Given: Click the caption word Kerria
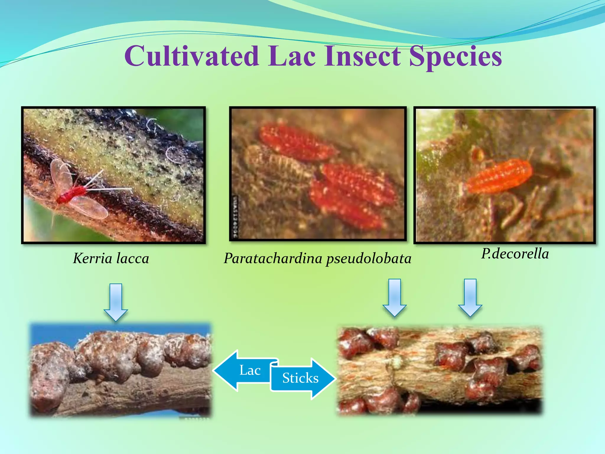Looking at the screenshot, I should coord(92,258).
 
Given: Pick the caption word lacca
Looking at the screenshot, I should coord(133,258).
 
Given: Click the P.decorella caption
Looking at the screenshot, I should coord(515,254).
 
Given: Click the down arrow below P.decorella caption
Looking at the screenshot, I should coord(470,297).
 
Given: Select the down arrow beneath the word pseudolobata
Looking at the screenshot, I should coord(394,297).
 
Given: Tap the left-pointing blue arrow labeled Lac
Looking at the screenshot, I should coord(242,370).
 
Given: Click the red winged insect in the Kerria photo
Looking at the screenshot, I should coord(71,194).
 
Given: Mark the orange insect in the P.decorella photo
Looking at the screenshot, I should coord(499,176).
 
